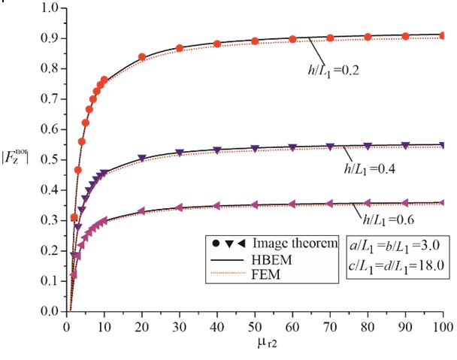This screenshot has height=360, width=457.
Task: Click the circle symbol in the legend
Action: [x=213, y=243]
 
